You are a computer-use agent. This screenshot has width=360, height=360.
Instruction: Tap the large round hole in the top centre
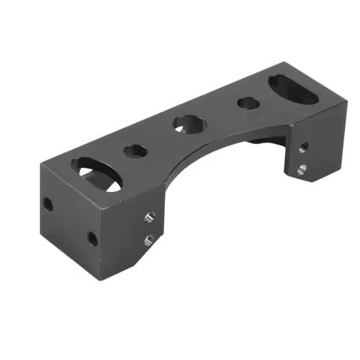coord(188,123)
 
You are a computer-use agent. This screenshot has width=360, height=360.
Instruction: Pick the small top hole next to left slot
coord(136,149)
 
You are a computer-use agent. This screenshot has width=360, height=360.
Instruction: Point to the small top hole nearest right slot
coord(247,103)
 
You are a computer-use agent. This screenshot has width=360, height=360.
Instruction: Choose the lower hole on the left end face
coord(92,239)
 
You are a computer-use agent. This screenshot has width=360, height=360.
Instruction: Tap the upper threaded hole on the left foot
coord(148,218)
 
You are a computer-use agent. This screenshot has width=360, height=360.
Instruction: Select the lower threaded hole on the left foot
coord(148,241)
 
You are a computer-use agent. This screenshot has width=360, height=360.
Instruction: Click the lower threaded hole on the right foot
coord(301,169)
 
